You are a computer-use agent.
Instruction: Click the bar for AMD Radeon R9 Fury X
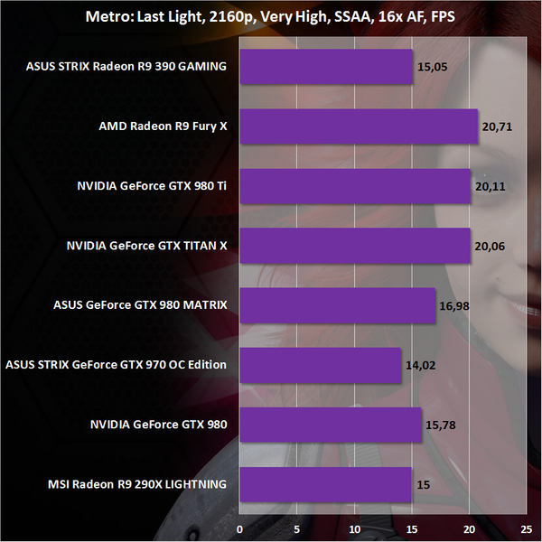359,126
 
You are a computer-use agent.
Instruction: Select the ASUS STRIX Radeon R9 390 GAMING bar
326,66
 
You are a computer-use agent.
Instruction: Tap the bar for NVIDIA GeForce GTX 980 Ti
355,186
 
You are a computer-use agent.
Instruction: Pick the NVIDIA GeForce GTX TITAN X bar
355,245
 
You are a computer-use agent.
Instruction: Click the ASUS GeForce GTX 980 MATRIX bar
338,305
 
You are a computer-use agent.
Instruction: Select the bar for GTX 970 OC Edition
321,365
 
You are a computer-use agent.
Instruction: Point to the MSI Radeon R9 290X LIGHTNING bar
326,484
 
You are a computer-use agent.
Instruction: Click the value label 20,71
495,126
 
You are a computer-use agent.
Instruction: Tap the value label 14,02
418,365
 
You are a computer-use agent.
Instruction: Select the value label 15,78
439,425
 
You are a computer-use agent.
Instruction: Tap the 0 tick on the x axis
240,526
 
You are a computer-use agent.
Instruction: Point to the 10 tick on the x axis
354,526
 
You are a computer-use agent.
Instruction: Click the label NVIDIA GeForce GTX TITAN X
147,245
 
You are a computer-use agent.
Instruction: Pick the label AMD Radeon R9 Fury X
163,126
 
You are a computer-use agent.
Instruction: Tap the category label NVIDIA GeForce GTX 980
158,425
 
